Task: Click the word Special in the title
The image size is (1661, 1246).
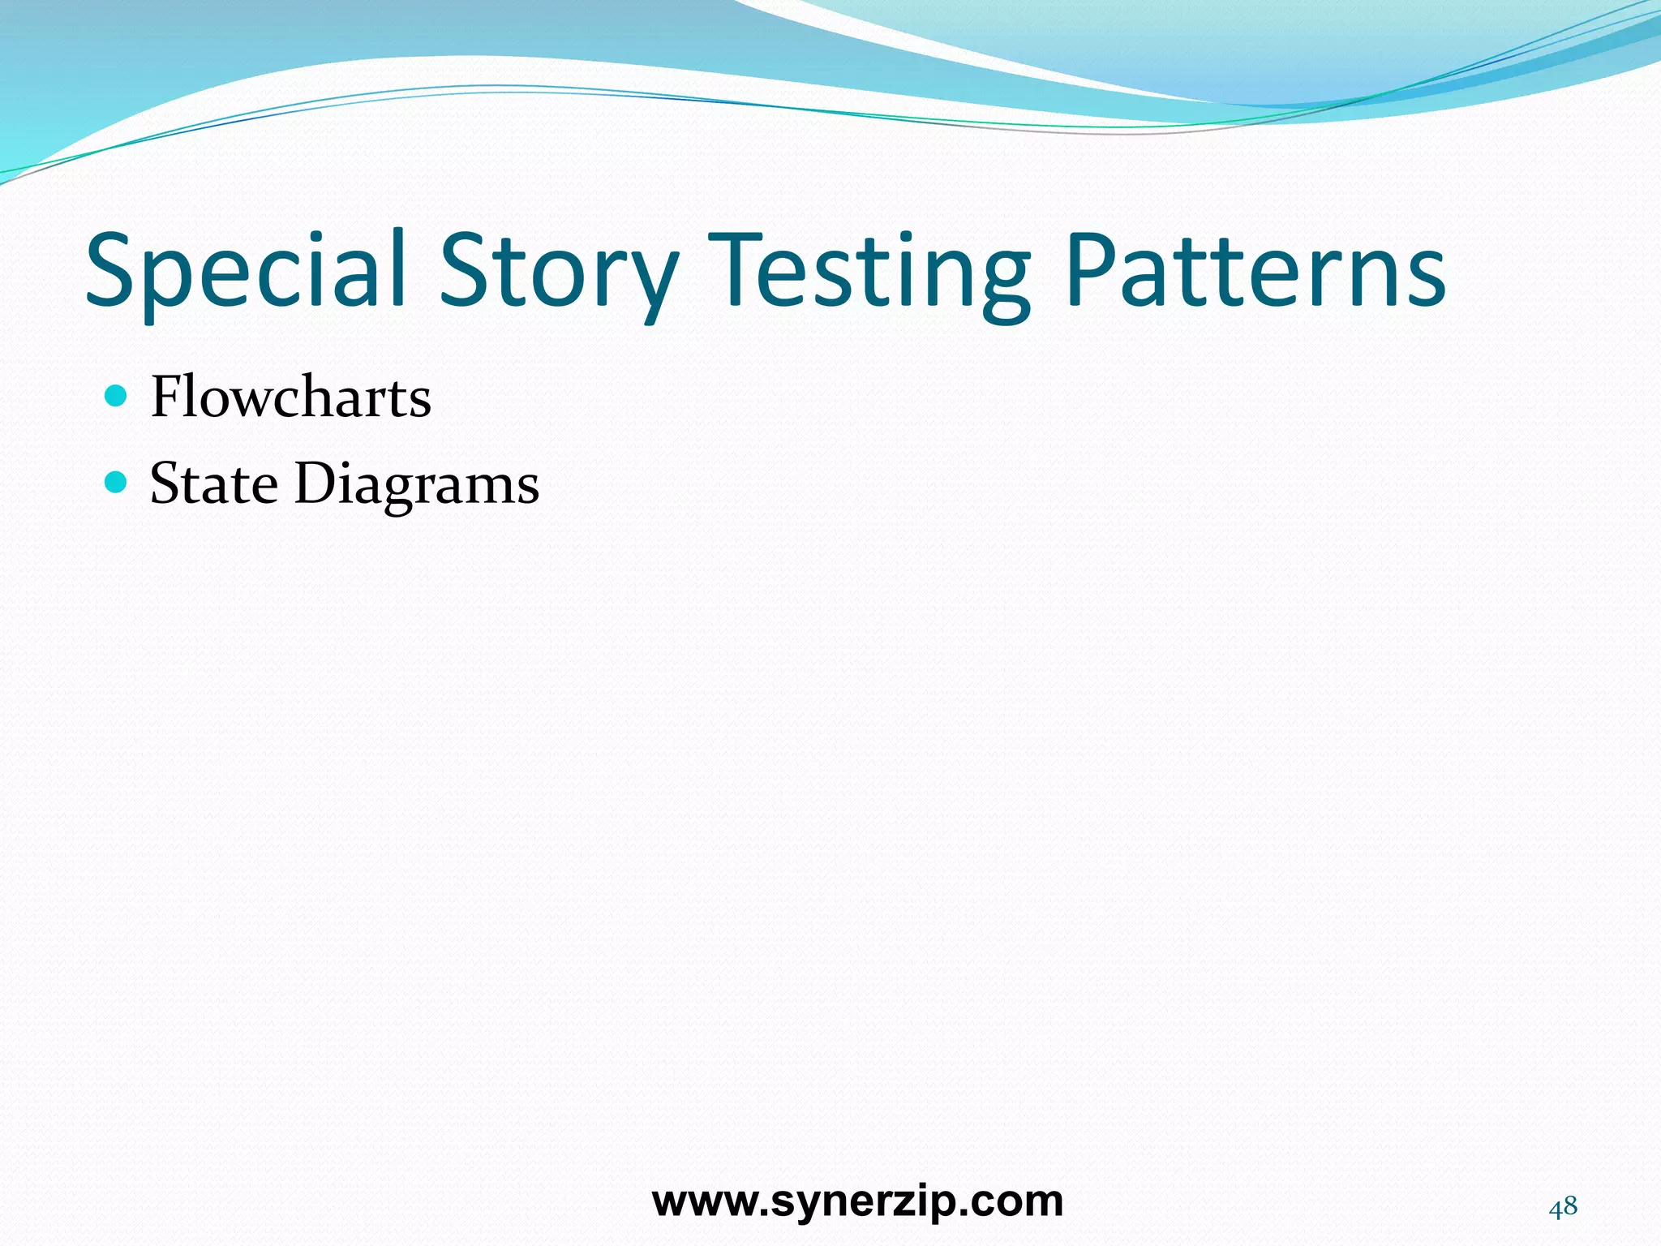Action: pos(245,272)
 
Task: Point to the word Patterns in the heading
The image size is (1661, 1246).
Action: pos(1255,272)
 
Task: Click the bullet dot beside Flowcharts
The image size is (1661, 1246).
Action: pos(117,397)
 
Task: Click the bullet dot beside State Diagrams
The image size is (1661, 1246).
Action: pos(117,483)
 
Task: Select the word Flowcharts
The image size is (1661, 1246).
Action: pos(290,397)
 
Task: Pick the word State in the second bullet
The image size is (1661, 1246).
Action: pos(214,483)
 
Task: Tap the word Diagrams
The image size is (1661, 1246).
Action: pos(416,485)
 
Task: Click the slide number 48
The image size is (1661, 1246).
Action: pos(1563,1207)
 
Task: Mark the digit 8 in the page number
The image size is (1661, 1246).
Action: pos(1571,1207)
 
